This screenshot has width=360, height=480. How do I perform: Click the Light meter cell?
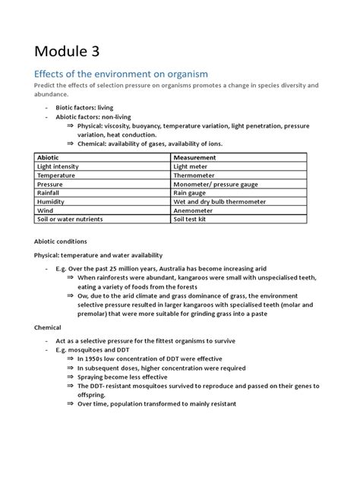click(191, 166)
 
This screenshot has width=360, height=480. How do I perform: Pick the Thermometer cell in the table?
click(194, 175)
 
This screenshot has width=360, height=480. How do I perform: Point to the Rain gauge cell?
click(191, 193)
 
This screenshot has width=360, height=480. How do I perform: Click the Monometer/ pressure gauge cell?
click(216, 184)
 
